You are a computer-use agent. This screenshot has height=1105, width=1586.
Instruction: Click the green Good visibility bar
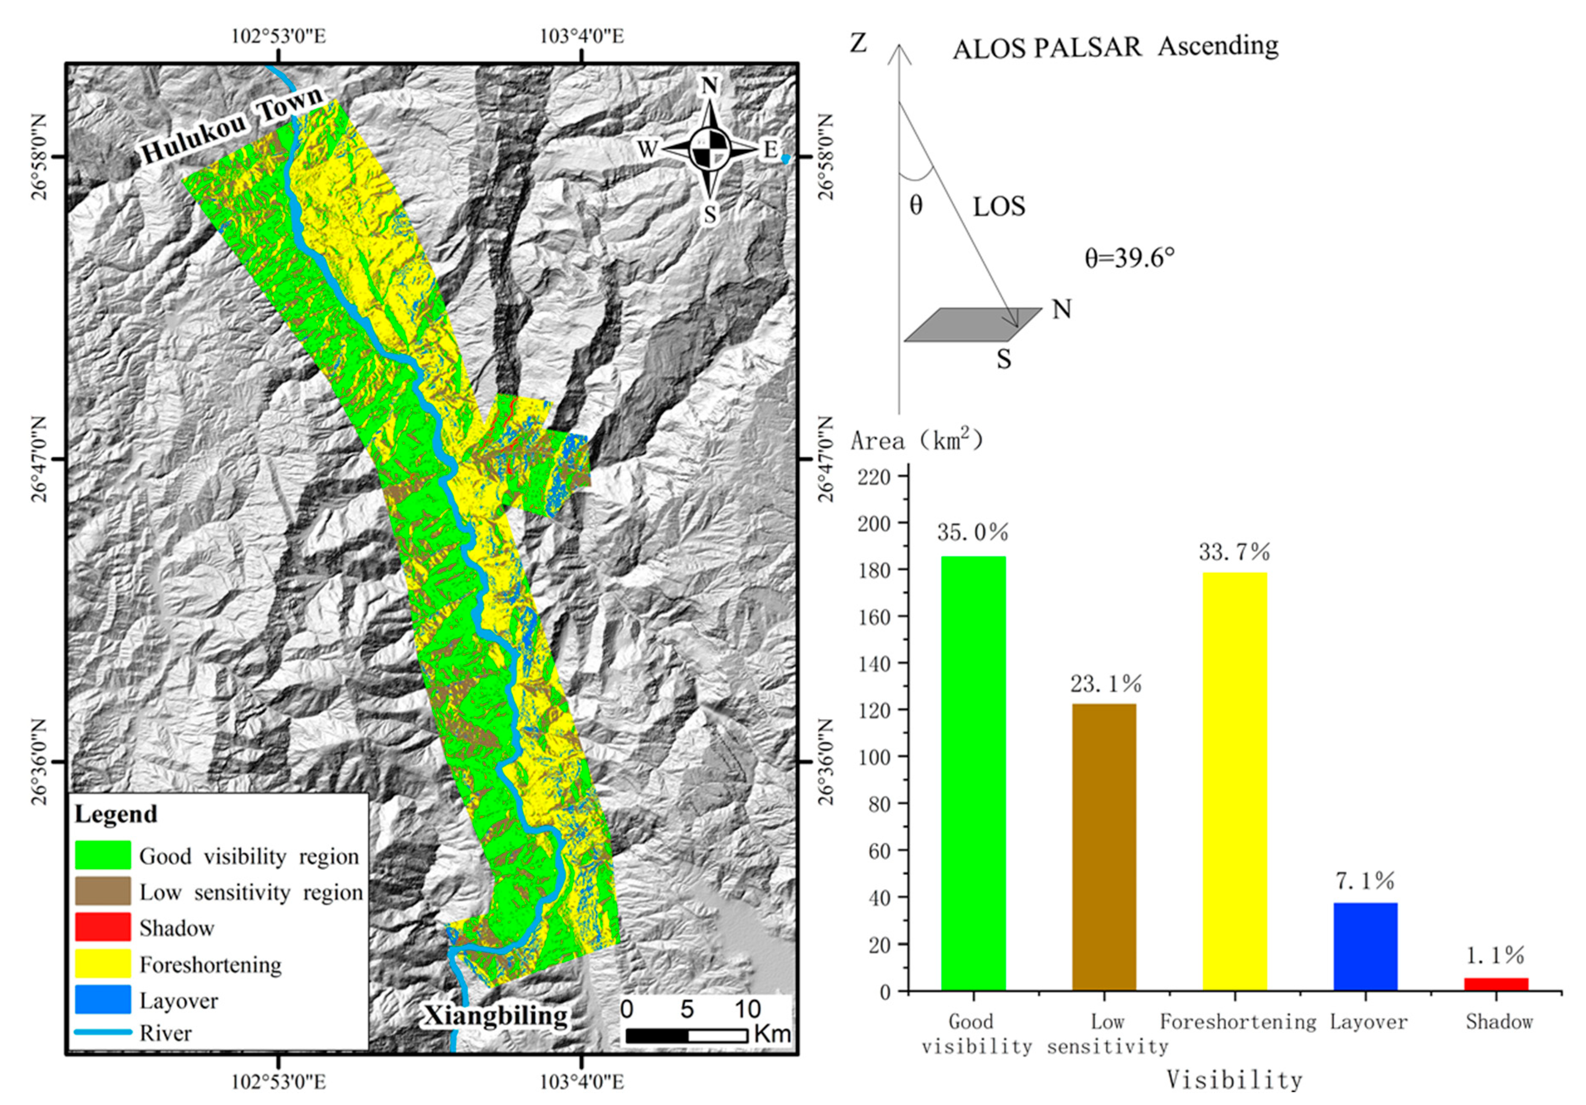point(973,774)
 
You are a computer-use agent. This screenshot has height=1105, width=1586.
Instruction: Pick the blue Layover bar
point(1365,947)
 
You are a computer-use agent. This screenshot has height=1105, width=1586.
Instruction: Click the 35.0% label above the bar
point(973,532)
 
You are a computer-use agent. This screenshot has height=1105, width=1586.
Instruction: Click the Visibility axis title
point(1235,1079)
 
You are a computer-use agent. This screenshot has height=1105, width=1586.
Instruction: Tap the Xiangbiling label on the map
point(495,1015)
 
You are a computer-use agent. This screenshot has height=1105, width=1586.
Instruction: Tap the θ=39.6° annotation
point(1129,258)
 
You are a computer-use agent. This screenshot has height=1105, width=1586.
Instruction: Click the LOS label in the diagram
point(999,206)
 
